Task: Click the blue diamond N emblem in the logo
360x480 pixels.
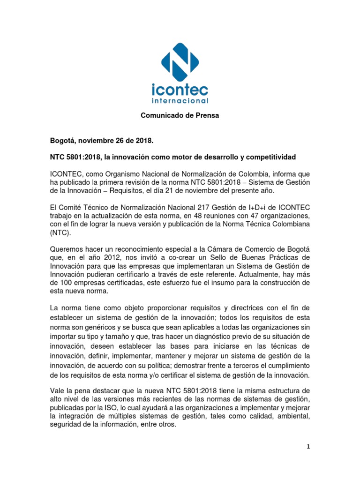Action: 180,62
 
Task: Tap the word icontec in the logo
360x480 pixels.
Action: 180,90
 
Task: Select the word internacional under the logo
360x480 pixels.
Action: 180,100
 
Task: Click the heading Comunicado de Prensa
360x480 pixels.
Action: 180,115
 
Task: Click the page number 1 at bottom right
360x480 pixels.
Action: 307,447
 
